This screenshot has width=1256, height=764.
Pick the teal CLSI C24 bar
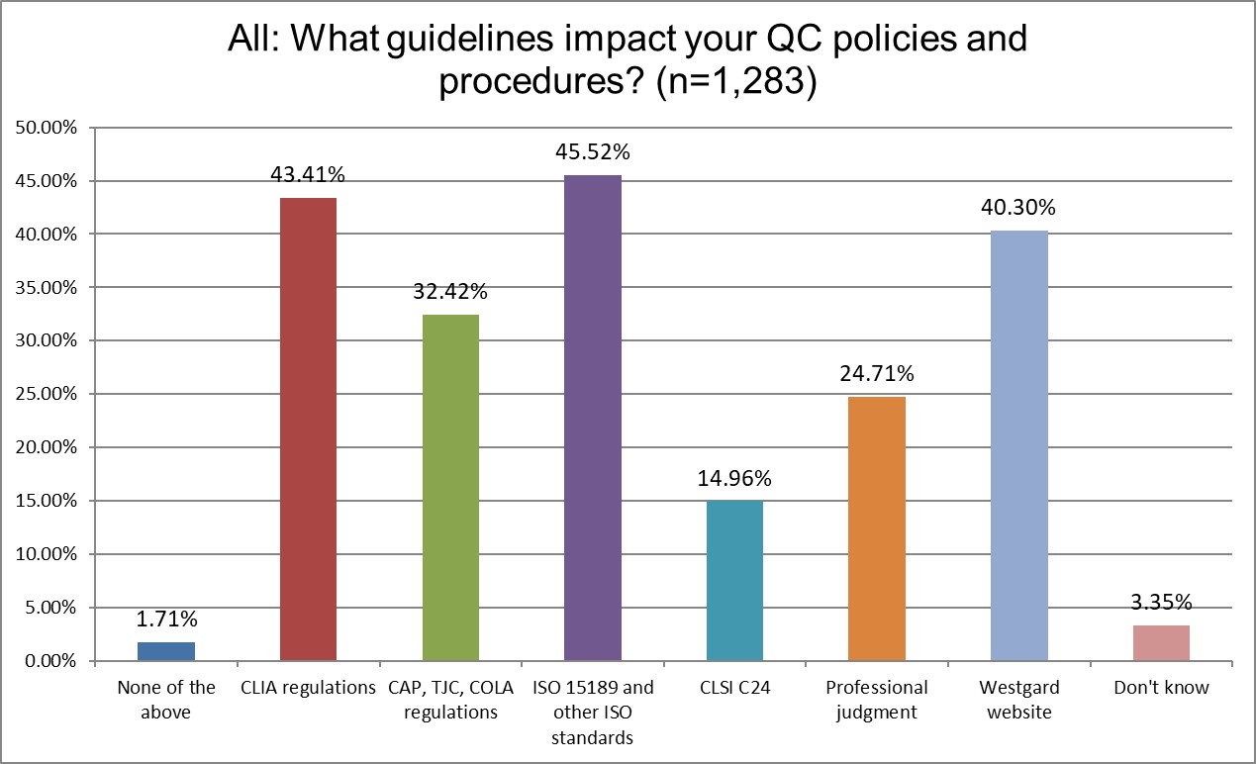pyautogui.click(x=734, y=580)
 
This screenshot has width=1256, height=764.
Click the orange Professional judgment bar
pyautogui.click(x=877, y=528)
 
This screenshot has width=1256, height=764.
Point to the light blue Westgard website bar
pyautogui.click(x=1018, y=445)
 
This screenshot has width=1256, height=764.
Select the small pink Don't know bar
pyautogui.click(x=1161, y=642)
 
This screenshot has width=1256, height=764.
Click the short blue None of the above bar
pyautogui.click(x=166, y=651)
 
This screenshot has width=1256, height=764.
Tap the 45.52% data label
pyautogui.click(x=593, y=152)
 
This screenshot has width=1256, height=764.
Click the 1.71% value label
pyautogui.click(x=166, y=620)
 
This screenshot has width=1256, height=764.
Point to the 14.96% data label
pyautogui.click(x=734, y=478)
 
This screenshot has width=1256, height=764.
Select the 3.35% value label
pyautogui.click(x=1161, y=602)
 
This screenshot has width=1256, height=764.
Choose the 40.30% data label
pyautogui.click(x=1018, y=208)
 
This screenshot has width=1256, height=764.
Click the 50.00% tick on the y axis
pyautogui.click(x=45, y=128)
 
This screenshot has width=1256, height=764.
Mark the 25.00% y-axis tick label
pyautogui.click(x=45, y=394)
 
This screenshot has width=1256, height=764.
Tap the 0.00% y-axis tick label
pyautogui.click(x=48, y=660)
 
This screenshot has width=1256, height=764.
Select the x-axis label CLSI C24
pyautogui.click(x=734, y=688)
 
